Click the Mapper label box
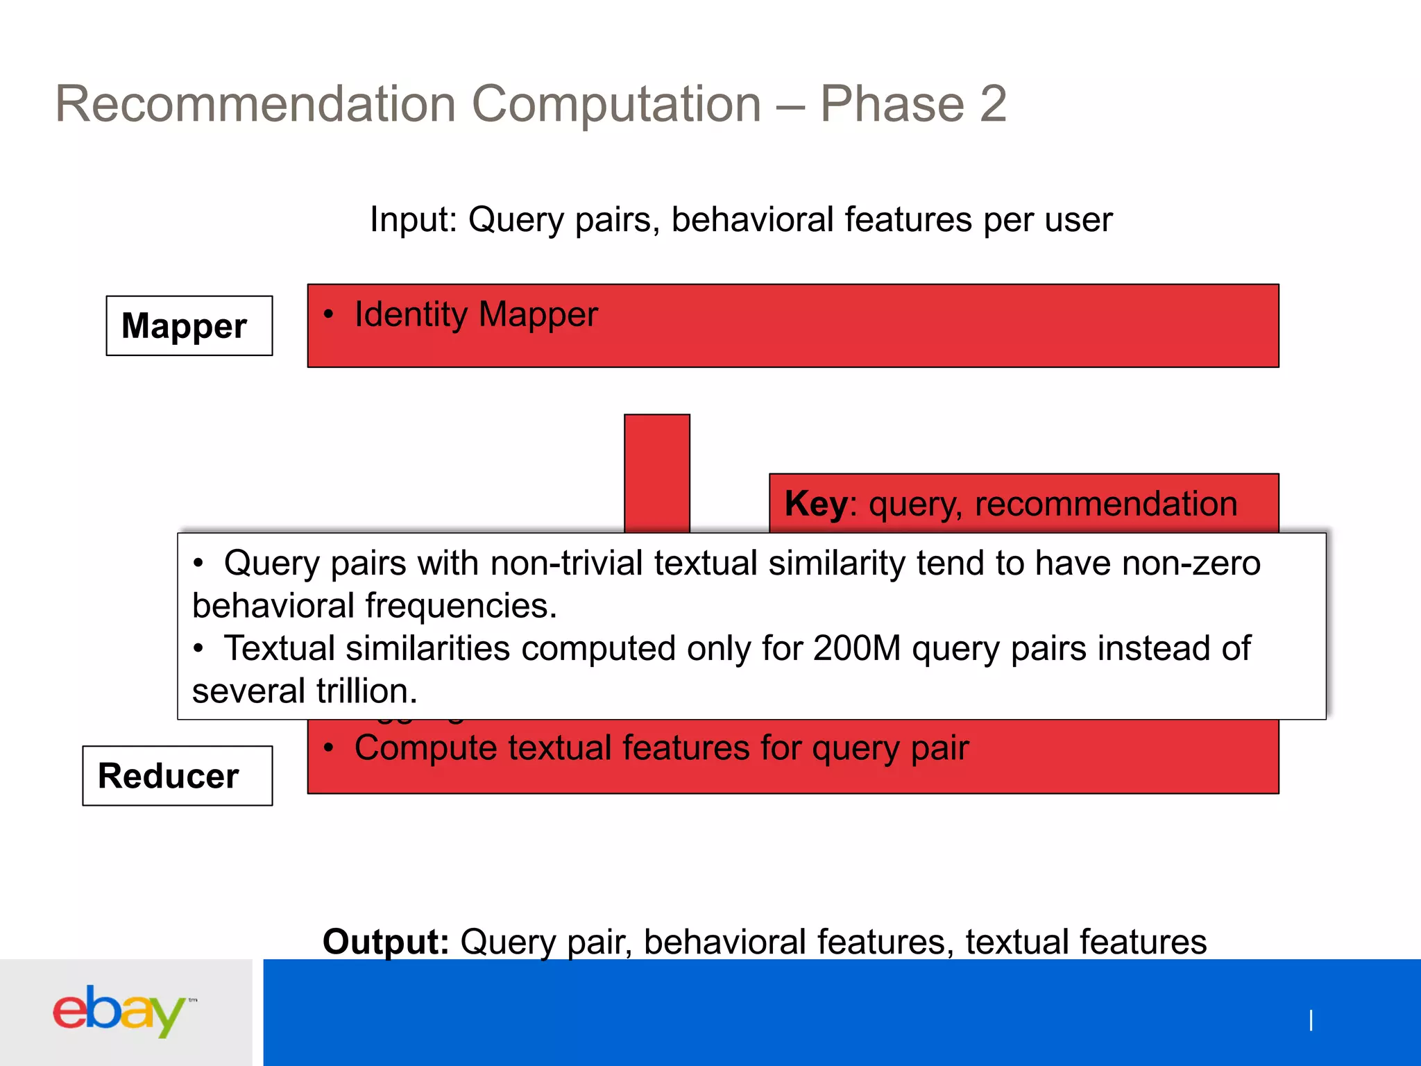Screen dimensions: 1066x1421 point(189,326)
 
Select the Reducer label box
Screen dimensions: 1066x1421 point(177,776)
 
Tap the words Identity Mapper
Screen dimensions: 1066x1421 point(476,314)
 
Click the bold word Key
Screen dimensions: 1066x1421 point(815,504)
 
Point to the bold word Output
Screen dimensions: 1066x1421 point(386,942)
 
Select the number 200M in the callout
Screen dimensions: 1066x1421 point(856,649)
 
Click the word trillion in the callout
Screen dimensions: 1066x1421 point(366,692)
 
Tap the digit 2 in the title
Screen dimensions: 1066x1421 point(993,104)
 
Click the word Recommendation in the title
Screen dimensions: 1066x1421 point(255,104)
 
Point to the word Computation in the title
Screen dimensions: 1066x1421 point(616,104)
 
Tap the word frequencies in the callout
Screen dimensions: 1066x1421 point(460,606)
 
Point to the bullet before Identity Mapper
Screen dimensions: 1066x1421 point(329,314)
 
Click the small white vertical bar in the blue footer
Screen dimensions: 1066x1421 point(1311,1020)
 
